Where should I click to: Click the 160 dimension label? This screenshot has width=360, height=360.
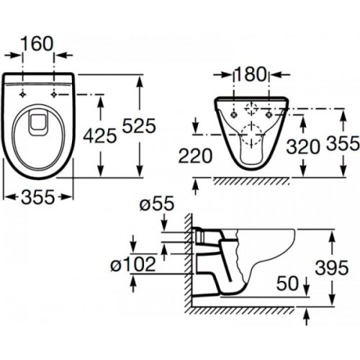[x=37, y=44]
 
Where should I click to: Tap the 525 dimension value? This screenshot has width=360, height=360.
[x=139, y=126]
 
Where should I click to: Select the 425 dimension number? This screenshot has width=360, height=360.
[x=100, y=135]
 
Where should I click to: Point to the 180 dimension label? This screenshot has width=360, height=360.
[x=251, y=74]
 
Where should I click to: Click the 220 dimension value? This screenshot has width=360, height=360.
[x=195, y=156]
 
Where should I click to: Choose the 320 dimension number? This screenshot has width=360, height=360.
[x=303, y=147]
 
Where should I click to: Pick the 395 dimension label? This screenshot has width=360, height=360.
[x=332, y=268]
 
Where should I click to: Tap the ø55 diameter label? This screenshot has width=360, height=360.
[x=157, y=204]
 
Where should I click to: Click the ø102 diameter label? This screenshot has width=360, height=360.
[x=133, y=264]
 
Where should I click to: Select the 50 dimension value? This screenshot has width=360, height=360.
[x=287, y=284]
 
